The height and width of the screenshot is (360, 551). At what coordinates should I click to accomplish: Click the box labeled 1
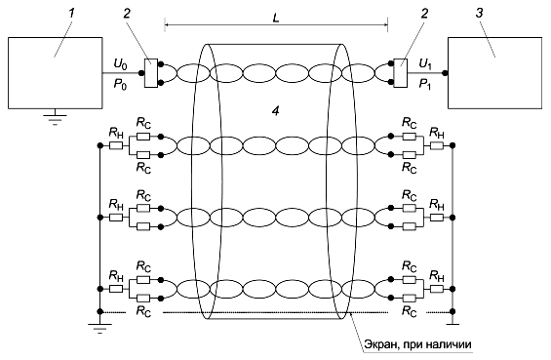point(56,73)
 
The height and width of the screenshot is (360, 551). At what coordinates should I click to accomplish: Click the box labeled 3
point(494,73)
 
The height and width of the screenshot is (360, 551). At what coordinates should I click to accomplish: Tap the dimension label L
point(276,19)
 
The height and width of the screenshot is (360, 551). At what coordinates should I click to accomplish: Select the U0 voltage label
point(120,64)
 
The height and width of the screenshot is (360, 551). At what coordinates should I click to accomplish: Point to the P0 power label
point(120,85)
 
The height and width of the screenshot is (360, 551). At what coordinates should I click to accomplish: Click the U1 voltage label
point(425,64)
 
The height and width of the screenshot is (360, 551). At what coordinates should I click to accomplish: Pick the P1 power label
point(425,85)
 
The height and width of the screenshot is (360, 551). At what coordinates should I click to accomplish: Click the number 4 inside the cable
point(275,111)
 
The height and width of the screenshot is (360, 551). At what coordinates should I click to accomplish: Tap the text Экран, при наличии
point(417,344)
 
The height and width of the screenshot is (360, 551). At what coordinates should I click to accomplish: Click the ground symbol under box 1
point(56,119)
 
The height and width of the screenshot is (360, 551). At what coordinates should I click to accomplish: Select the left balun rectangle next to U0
point(151,73)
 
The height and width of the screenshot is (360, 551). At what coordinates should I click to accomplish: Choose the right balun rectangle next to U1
point(400,73)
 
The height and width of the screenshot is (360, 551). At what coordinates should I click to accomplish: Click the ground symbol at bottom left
point(99,327)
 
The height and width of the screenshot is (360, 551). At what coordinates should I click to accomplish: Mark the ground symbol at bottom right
point(453,321)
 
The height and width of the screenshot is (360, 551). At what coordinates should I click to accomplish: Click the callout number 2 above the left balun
point(127,13)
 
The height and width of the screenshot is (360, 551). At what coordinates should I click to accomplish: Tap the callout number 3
point(479,13)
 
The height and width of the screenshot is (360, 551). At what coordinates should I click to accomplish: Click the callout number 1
point(72,13)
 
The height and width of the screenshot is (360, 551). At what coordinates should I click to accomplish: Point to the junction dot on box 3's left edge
point(445,73)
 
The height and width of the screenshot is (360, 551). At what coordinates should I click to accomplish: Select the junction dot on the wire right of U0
point(140,73)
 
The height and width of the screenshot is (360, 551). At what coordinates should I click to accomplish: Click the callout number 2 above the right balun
point(425,13)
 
